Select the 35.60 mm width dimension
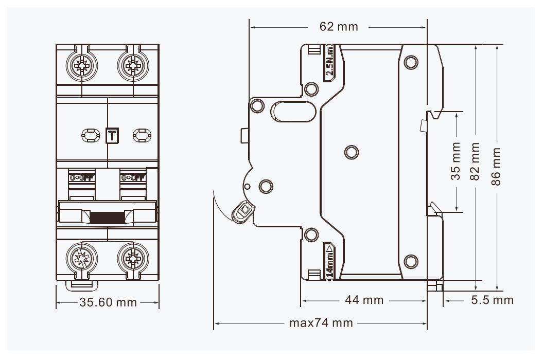coord(108,302)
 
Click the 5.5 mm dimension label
coord(493,299)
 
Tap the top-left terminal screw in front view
coord(81,66)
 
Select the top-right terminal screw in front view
coord(133,66)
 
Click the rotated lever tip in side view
coord(242,212)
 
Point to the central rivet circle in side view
coord(351,152)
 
